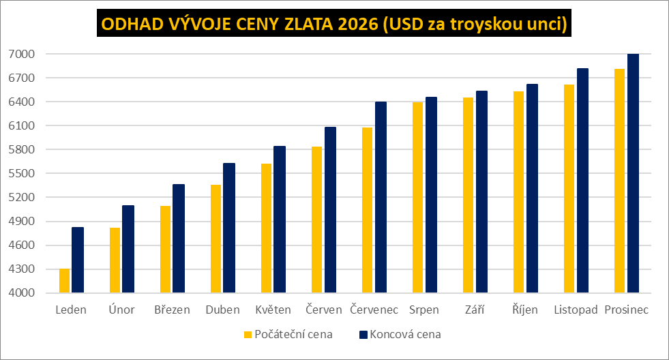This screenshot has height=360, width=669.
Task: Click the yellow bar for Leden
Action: point(64,281)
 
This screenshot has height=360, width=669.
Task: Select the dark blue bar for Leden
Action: point(78,260)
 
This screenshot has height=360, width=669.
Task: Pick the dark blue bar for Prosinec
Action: point(633,173)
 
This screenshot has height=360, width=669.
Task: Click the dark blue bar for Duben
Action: point(229,228)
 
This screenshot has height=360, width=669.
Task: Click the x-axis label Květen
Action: point(273,310)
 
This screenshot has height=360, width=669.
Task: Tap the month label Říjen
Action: point(525,310)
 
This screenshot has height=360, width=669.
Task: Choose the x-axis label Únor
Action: point(122,310)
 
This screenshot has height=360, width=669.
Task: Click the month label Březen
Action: point(173,310)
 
